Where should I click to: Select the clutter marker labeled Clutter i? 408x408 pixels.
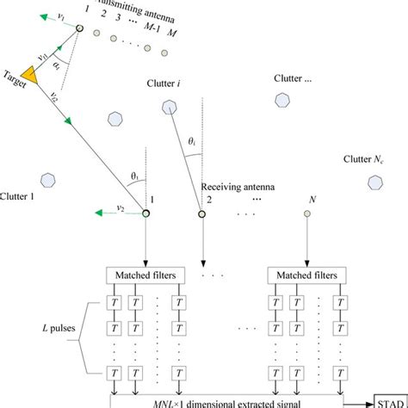pos(167,108)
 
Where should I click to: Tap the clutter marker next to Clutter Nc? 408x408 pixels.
pos(375,182)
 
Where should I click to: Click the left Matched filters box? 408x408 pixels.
pos(143,276)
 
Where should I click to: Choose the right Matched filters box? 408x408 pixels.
pos(307,276)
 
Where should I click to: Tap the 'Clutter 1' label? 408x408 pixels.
pos(19,196)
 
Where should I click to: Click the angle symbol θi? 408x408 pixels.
pos(195,140)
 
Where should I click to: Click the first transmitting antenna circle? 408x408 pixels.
pos(79,30)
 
